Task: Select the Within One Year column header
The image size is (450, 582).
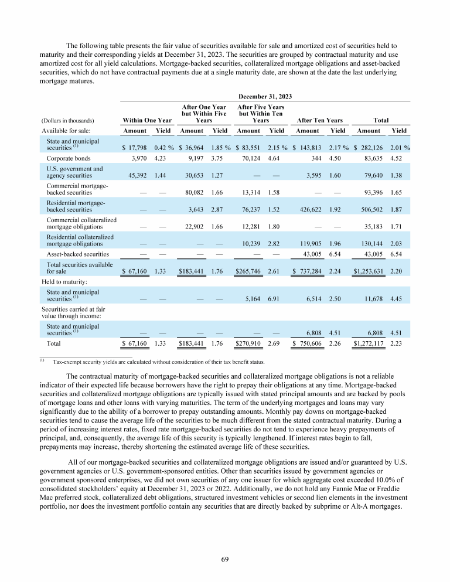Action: (143, 120)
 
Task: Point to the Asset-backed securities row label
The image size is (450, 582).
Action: (77, 254)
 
